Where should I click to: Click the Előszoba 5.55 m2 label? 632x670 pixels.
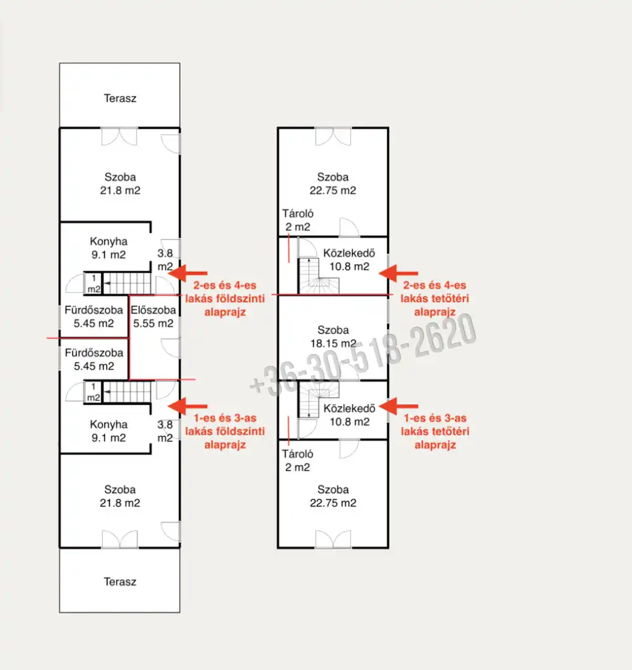[x=152, y=317]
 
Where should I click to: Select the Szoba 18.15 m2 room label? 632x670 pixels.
[x=333, y=337]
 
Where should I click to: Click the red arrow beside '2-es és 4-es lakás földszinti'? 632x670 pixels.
[x=188, y=272]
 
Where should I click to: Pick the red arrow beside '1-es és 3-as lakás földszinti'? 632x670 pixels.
[x=188, y=405]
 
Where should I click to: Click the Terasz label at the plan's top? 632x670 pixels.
[x=120, y=99]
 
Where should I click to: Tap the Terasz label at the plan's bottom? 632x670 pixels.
[x=120, y=582]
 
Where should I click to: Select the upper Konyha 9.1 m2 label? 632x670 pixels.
[x=108, y=248]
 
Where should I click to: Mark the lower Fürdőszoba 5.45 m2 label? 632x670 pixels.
[x=94, y=360]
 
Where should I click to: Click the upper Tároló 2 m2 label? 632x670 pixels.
[x=298, y=221]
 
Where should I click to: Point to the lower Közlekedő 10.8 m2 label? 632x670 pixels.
[x=349, y=415]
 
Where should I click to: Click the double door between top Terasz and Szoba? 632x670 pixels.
[x=119, y=135]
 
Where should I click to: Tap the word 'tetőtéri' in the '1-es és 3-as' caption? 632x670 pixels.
[x=435, y=432]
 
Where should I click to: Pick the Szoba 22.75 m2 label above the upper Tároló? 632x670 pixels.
[x=333, y=184]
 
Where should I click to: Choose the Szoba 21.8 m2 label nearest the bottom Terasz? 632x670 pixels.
[x=120, y=496]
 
